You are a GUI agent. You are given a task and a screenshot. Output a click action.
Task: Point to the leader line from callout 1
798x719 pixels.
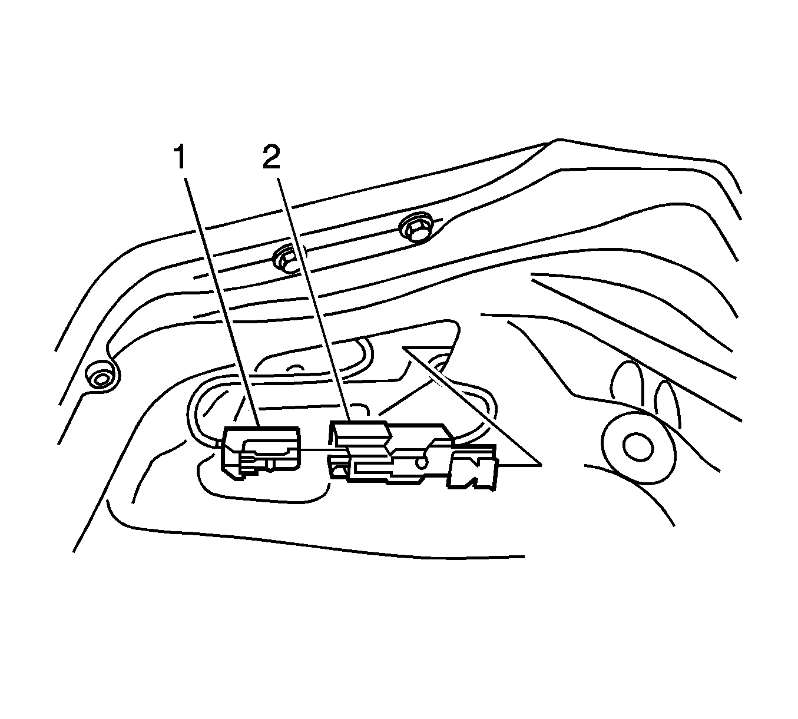223,303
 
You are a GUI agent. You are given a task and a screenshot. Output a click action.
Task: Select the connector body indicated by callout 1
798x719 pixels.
260,453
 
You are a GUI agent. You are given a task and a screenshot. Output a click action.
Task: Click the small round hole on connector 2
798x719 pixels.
422,462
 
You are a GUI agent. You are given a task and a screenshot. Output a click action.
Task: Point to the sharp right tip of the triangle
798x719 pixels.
541,465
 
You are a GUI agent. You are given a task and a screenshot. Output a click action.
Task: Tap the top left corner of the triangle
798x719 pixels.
403,347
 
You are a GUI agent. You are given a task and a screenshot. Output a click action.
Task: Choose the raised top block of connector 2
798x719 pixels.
360,434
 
